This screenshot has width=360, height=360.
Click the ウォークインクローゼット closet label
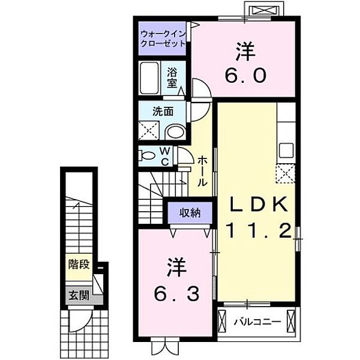[x=163, y=38]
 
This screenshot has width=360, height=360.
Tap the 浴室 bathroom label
[x=172, y=78]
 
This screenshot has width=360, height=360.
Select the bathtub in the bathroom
[x=149, y=78]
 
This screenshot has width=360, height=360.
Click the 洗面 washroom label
[x=163, y=112]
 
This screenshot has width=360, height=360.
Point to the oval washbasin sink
[x=175, y=132]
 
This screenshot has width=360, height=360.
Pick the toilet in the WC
[x=147, y=156]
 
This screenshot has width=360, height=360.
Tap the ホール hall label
[x=203, y=171]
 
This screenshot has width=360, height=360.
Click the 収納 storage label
[x=190, y=213]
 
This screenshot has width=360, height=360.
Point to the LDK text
[x=259, y=204]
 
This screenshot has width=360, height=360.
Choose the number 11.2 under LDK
[x=259, y=231]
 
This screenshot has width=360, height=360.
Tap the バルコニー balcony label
[x=257, y=322]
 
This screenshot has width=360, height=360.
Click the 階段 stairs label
[x=79, y=264]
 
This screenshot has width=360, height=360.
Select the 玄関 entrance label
[x=79, y=295]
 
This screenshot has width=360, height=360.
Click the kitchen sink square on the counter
[x=286, y=151]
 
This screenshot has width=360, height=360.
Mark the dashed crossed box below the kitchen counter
[x=286, y=173]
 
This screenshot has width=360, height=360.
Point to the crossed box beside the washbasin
[x=149, y=130]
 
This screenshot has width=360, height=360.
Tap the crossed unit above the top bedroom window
[x=265, y=11]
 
